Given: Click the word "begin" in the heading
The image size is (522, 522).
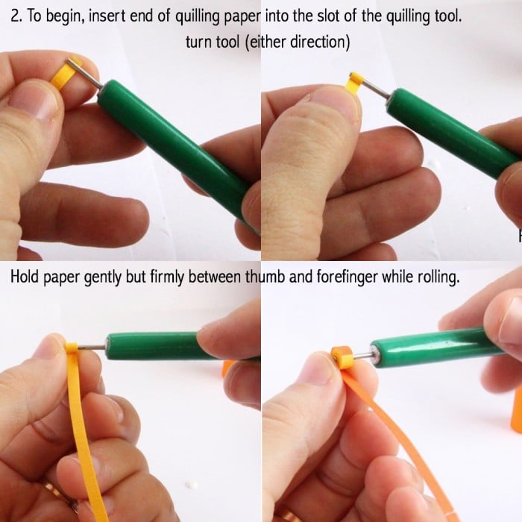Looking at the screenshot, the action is coord(65,16).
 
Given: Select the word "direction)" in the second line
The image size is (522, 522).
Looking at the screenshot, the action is coord(320,42).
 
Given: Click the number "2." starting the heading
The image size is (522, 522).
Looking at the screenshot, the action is coord(16,16).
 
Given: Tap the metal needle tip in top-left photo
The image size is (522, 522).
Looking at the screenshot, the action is coord(69,60).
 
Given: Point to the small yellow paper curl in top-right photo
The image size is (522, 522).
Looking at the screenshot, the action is coord(355,84).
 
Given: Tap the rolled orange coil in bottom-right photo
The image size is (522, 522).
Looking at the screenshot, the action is coord(343,358).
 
